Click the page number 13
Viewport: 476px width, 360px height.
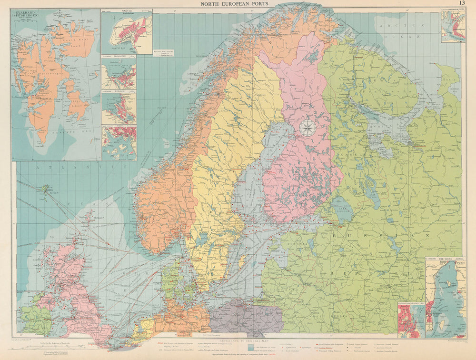coord(462,4)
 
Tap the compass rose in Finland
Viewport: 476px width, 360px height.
coord(307,128)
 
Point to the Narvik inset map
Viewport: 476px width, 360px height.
coord(127,33)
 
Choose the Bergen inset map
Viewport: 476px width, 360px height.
coord(119,108)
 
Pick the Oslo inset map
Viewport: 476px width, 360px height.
coord(119,143)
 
